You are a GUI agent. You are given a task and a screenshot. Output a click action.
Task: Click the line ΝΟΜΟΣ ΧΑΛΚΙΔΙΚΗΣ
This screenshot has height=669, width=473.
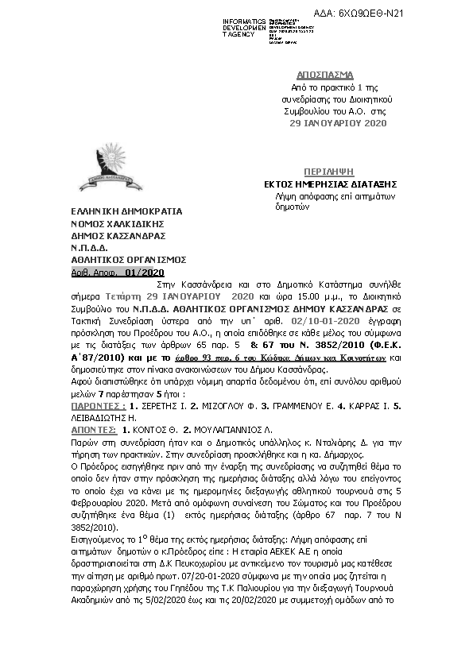pos(107,224)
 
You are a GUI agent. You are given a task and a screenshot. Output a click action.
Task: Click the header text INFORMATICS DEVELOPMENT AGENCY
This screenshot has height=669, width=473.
pos(245,28)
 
